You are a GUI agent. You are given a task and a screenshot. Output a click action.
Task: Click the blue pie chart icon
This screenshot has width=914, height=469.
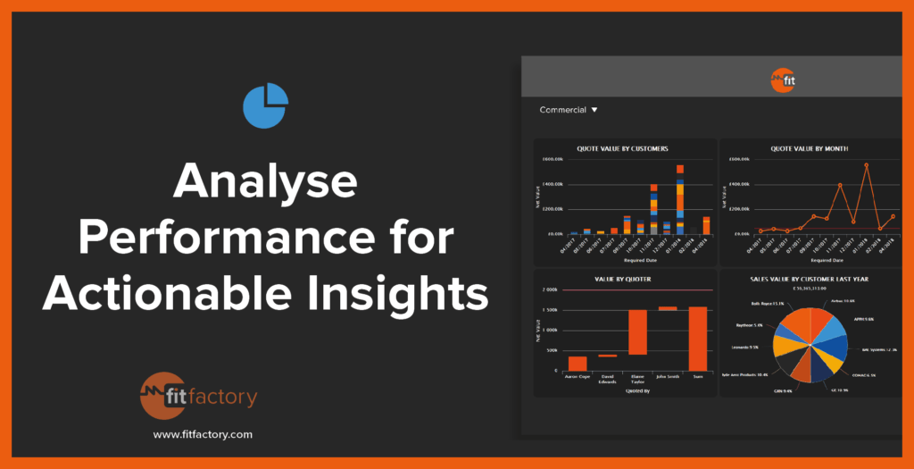click(265, 105)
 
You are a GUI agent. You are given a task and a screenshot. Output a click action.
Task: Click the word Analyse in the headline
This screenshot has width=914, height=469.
click(265, 183)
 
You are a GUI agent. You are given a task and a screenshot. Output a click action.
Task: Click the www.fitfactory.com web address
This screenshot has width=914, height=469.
click(203, 434)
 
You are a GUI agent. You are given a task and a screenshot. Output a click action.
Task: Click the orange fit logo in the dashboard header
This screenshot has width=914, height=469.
click(783, 81)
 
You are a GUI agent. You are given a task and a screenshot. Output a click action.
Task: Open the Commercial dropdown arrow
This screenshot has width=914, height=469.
click(594, 110)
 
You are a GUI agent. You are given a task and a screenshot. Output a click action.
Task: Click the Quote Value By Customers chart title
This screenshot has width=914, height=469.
click(623, 148)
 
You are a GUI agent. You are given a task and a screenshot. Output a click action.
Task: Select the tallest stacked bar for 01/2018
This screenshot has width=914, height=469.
click(680, 192)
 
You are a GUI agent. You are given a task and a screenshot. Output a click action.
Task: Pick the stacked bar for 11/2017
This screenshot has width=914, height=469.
click(653, 202)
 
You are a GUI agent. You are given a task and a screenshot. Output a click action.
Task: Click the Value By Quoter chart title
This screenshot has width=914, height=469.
click(623, 279)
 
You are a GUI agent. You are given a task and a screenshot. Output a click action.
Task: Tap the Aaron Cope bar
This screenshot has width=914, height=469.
click(578, 363)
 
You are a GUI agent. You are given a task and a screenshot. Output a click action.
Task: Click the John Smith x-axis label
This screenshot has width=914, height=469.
click(668, 376)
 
